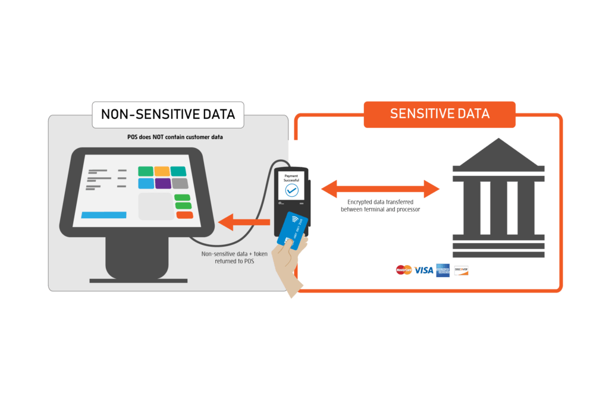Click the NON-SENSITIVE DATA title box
[x=168, y=114]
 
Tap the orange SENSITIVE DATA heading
[x=440, y=114]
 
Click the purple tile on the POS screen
[x=162, y=184]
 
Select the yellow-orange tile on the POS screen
[x=162, y=171]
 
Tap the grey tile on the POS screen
[x=180, y=184]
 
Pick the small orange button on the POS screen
[x=184, y=215]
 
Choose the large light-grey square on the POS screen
[x=155, y=206]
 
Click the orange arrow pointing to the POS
[x=244, y=223]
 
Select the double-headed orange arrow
[x=381, y=189]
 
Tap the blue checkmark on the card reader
[x=291, y=190]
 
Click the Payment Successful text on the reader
[x=291, y=178]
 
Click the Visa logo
[x=424, y=270]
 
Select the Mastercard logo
[x=404, y=270]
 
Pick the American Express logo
[x=442, y=270]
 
